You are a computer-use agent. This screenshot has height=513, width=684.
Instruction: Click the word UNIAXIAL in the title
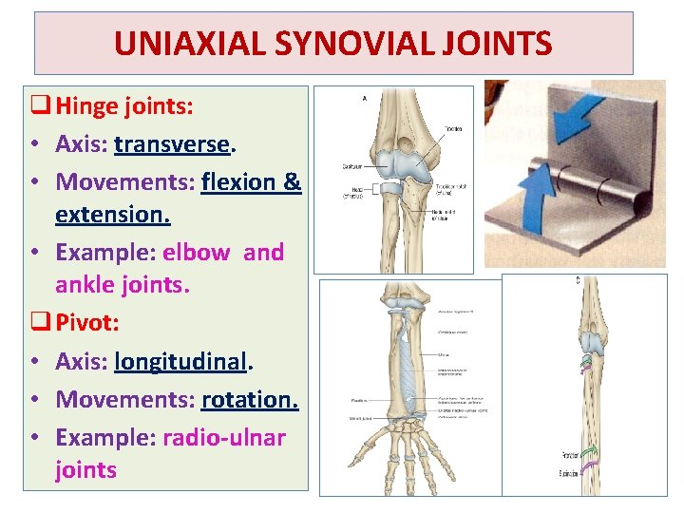pos(180,44)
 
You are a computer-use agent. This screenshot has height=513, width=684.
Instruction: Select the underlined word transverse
pos(172,144)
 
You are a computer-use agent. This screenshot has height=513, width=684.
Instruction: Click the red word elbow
pos(196,252)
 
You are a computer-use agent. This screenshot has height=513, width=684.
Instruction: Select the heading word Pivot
pos(87,322)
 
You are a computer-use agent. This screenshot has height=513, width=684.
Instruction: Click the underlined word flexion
pos(240,180)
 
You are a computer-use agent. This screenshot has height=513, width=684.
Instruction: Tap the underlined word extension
pos(113,215)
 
